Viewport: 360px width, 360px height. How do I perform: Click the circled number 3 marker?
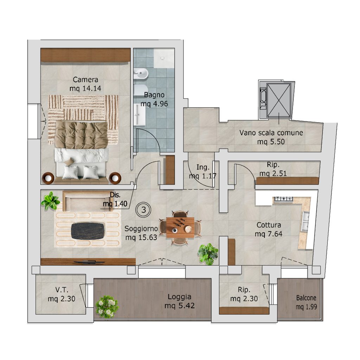point(143,210)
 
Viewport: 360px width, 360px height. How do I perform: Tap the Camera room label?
point(85,80)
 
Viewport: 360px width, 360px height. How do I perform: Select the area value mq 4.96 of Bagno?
point(154,104)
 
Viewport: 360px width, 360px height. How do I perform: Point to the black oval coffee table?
point(88,231)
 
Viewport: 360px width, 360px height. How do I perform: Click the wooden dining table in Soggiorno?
point(180,227)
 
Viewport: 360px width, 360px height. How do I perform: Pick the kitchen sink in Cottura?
point(306,221)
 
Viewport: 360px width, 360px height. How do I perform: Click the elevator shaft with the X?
point(279,101)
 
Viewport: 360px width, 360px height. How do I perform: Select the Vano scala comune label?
point(271,133)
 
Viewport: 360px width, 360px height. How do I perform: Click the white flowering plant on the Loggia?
point(107,306)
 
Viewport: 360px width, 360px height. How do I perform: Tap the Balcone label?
point(306,298)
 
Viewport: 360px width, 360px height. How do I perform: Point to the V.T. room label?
point(62,290)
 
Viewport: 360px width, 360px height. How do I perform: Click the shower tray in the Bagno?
point(164,58)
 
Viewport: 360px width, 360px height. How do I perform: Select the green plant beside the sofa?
point(51,201)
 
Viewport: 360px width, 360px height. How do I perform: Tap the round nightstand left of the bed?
point(48,178)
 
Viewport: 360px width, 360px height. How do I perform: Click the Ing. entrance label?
point(203,167)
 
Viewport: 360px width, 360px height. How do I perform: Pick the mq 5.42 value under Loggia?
point(180,306)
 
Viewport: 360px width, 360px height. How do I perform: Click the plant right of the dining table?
point(208,254)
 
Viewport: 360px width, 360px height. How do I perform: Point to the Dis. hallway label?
point(115,195)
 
